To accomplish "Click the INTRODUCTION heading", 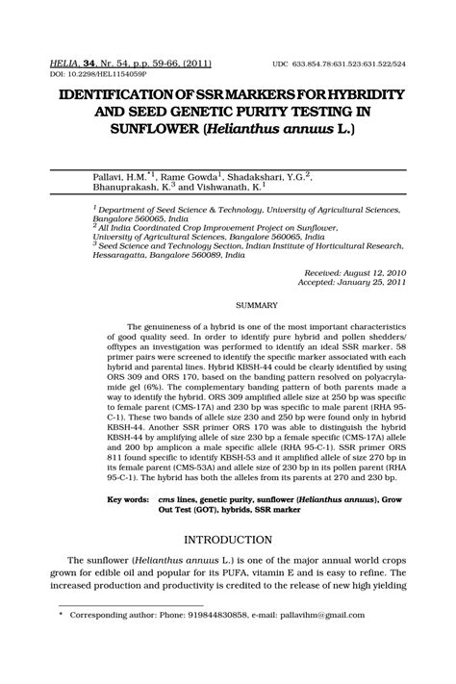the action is click(x=228, y=540).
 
